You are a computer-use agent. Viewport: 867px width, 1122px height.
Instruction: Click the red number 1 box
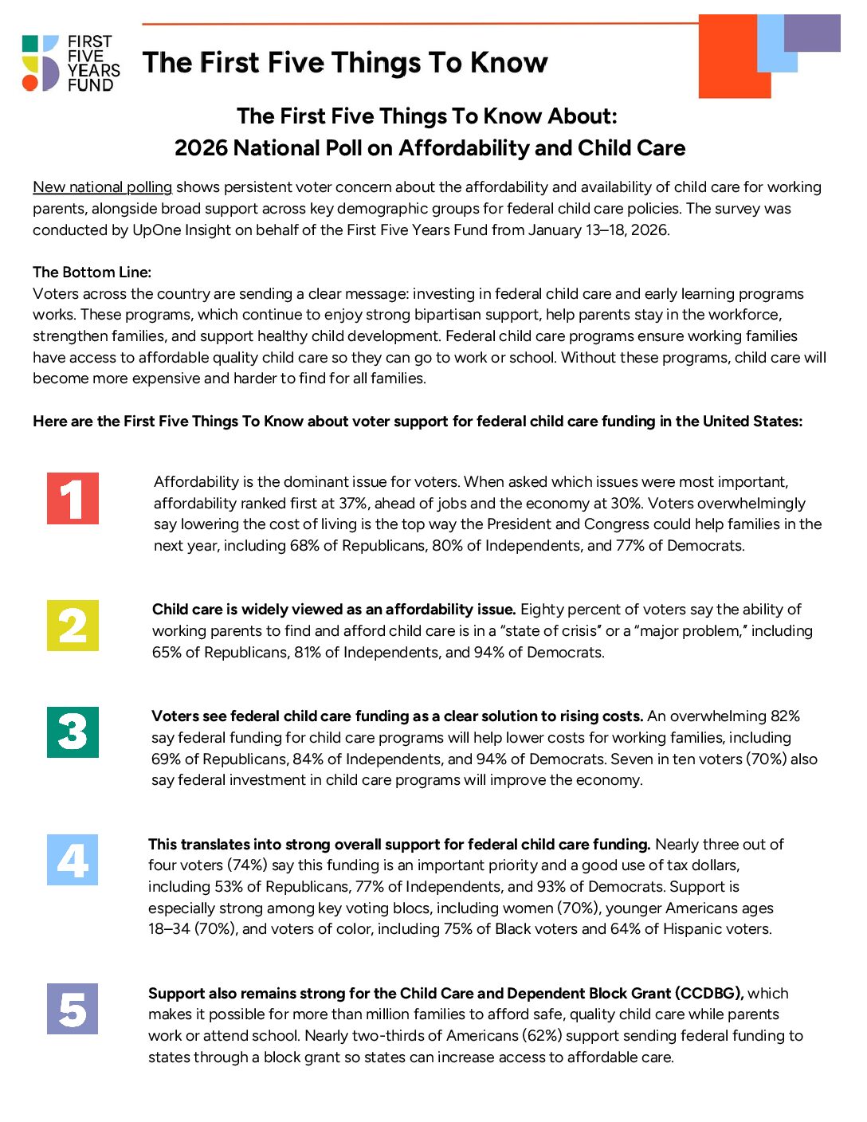[x=73, y=499]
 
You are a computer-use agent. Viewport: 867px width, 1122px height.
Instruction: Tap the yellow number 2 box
[x=73, y=626]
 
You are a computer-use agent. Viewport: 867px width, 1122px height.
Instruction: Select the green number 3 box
[x=73, y=732]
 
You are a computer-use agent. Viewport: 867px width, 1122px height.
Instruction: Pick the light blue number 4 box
[x=73, y=860]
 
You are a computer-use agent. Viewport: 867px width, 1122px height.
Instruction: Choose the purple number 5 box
[x=73, y=1009]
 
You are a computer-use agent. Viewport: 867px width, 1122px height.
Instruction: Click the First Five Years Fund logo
[x=71, y=63]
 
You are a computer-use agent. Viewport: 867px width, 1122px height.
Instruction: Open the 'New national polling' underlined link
[x=102, y=187]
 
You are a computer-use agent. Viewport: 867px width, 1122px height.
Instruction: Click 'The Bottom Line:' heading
[x=92, y=273]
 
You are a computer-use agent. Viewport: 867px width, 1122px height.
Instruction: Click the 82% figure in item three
[x=785, y=716]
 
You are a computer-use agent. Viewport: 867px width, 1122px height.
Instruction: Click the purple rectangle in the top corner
[x=812, y=33]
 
